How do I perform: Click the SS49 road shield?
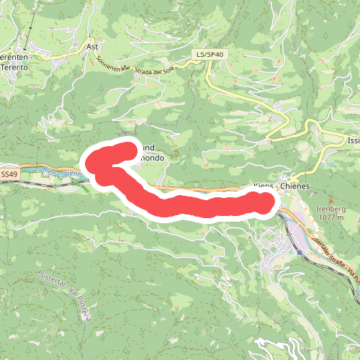(9, 174)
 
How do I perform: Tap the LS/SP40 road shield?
(210, 54)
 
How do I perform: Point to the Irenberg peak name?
(331, 208)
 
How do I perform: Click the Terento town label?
(14, 66)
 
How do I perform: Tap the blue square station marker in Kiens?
(299, 252)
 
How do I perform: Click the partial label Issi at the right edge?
(352, 141)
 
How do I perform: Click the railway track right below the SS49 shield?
(9, 182)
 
